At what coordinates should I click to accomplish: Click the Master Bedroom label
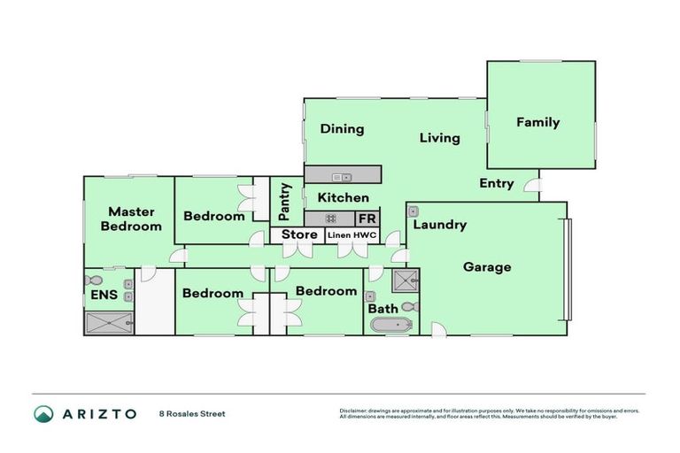click(x=130, y=219)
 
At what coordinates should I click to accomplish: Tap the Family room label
click(x=537, y=122)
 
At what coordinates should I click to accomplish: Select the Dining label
click(x=342, y=129)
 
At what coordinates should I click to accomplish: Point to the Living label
click(x=439, y=137)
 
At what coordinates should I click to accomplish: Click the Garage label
click(x=486, y=266)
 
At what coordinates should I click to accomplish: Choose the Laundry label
click(x=440, y=225)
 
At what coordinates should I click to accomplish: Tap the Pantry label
click(x=285, y=202)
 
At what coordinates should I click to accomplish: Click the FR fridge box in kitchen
click(x=367, y=219)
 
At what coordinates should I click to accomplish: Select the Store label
click(x=299, y=234)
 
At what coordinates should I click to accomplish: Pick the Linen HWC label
click(x=352, y=234)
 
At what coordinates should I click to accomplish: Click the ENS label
click(x=104, y=295)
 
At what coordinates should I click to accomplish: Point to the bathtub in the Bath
click(x=389, y=325)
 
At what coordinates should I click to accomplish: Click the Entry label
click(x=497, y=183)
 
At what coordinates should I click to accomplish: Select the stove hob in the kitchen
click(x=330, y=219)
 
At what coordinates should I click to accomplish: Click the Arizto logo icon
click(x=43, y=413)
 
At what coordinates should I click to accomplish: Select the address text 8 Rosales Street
click(x=192, y=413)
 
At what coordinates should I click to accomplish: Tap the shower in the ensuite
click(x=108, y=323)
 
